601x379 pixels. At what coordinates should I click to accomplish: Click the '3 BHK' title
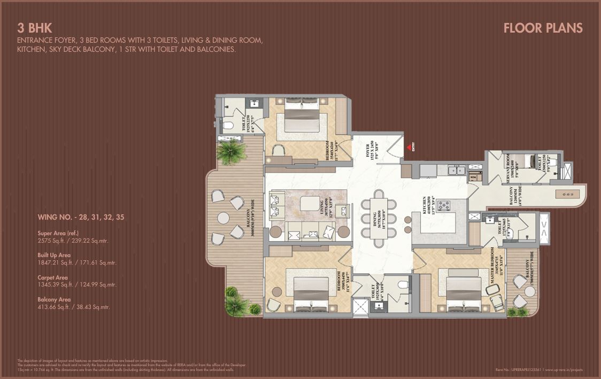[x=34, y=28]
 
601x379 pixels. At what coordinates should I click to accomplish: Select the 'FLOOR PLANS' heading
[x=543, y=28]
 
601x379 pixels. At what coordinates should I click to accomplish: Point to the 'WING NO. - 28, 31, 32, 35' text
[x=81, y=218]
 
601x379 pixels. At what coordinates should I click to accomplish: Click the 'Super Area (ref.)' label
[x=60, y=233]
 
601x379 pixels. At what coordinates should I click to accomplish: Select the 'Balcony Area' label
[x=54, y=300]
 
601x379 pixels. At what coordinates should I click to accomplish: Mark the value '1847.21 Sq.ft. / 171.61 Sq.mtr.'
[x=76, y=263]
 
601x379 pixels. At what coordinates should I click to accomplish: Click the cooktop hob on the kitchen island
[x=443, y=205]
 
